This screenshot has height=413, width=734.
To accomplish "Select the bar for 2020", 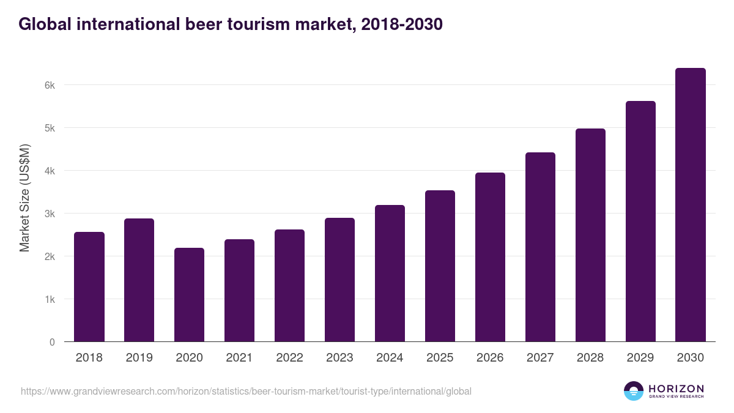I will (189, 295).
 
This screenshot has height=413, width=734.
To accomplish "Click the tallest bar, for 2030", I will (691, 205).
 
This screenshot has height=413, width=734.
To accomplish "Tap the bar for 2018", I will (89, 287).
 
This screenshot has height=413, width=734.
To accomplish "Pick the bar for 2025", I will (440, 266).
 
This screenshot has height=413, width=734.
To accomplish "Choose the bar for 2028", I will (590, 235).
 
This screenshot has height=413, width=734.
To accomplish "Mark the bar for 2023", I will (339, 280).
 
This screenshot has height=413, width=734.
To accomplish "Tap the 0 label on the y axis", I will (52, 342).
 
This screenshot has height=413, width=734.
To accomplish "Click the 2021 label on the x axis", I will (239, 358).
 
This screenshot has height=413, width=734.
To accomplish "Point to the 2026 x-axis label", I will (490, 358).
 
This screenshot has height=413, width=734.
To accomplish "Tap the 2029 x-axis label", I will (640, 358).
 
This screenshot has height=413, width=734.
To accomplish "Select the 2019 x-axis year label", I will (139, 358).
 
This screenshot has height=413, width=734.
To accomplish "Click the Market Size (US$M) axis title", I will (24, 198).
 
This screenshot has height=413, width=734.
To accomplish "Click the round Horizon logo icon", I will (634, 391).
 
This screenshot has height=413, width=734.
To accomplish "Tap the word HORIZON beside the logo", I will (676, 388).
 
